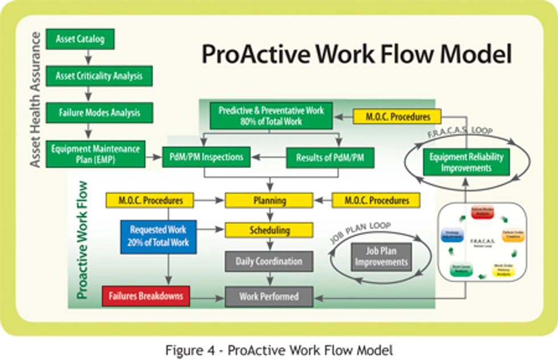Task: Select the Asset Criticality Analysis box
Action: click(99, 75)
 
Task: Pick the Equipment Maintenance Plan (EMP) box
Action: click(95, 154)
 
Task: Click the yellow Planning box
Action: click(269, 201)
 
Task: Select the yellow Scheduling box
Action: click(269, 230)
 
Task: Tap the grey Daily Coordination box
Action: click(269, 261)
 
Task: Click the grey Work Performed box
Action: click(269, 296)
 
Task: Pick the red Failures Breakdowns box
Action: click(145, 296)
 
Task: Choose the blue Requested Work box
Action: click(158, 236)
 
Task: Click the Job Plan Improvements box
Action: click(380, 256)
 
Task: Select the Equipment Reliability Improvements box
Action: click(466, 162)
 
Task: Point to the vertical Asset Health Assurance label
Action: click(35, 100)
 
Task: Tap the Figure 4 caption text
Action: click(279, 349)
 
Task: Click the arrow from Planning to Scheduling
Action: click(269, 215)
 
